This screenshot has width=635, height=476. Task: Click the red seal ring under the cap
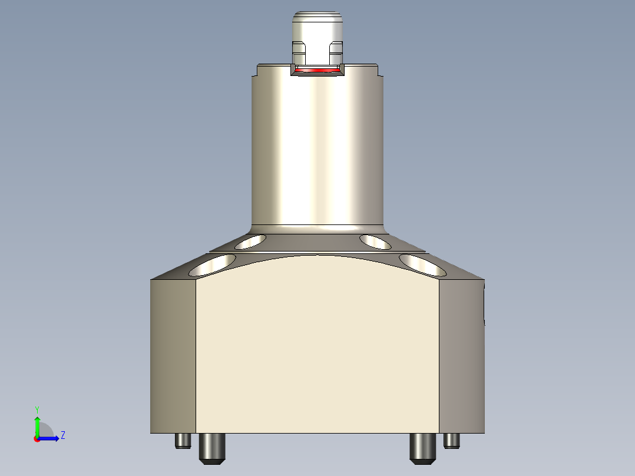pyautogui.click(x=317, y=70)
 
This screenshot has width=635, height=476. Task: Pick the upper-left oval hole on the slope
pyautogui.click(x=250, y=242)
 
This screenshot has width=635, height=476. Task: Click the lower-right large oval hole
pyautogui.click(x=422, y=265)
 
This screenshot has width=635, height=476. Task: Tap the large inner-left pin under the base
pyautogui.click(x=212, y=448)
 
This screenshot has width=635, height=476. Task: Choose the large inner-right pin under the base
pyautogui.click(x=422, y=448)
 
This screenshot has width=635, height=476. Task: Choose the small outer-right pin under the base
pyautogui.click(x=452, y=440)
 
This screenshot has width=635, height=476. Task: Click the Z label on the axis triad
pyautogui.click(x=62, y=435)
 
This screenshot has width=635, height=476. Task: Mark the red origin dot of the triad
pyautogui.click(x=37, y=439)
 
